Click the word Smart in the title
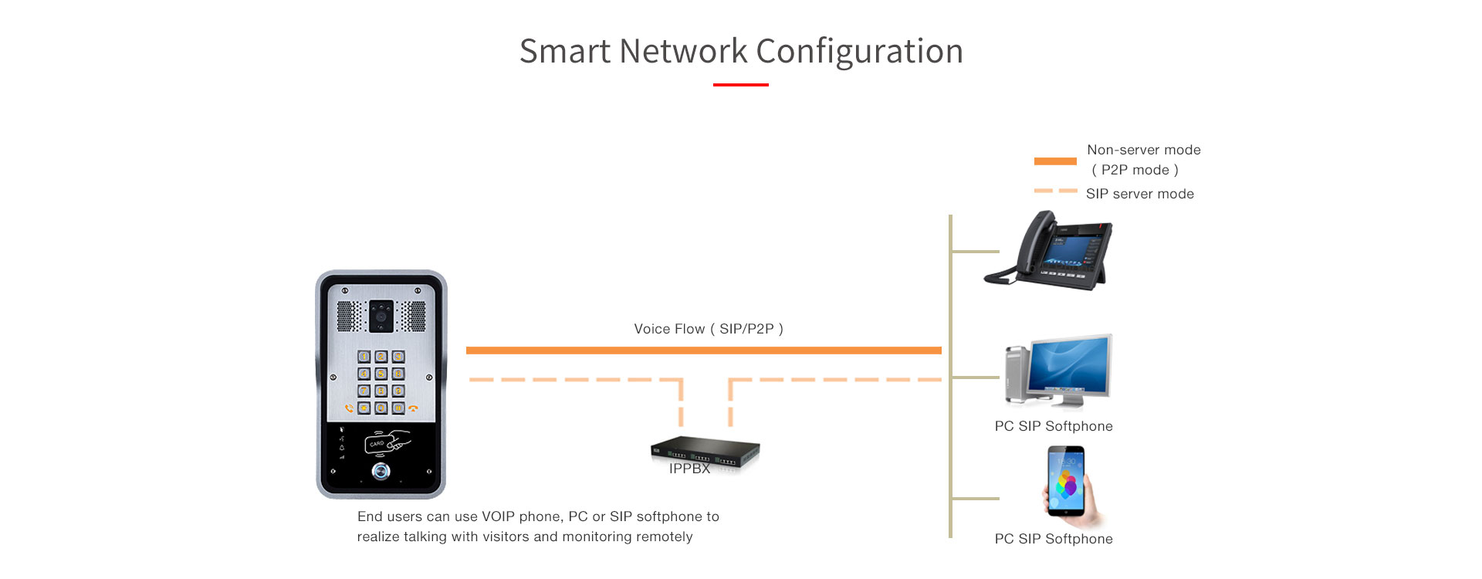point(565,52)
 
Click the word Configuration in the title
point(859,52)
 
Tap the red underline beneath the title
point(740,85)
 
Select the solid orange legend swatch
point(1054,161)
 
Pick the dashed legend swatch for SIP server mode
point(1054,191)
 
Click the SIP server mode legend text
point(1139,194)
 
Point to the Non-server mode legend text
point(1143,150)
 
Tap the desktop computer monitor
point(1069,367)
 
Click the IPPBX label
point(689,469)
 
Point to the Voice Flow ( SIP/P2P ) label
point(708,329)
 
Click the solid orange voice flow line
point(703,350)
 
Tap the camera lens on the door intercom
point(381,316)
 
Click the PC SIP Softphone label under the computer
point(1053,426)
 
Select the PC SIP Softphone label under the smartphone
point(1053,539)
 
